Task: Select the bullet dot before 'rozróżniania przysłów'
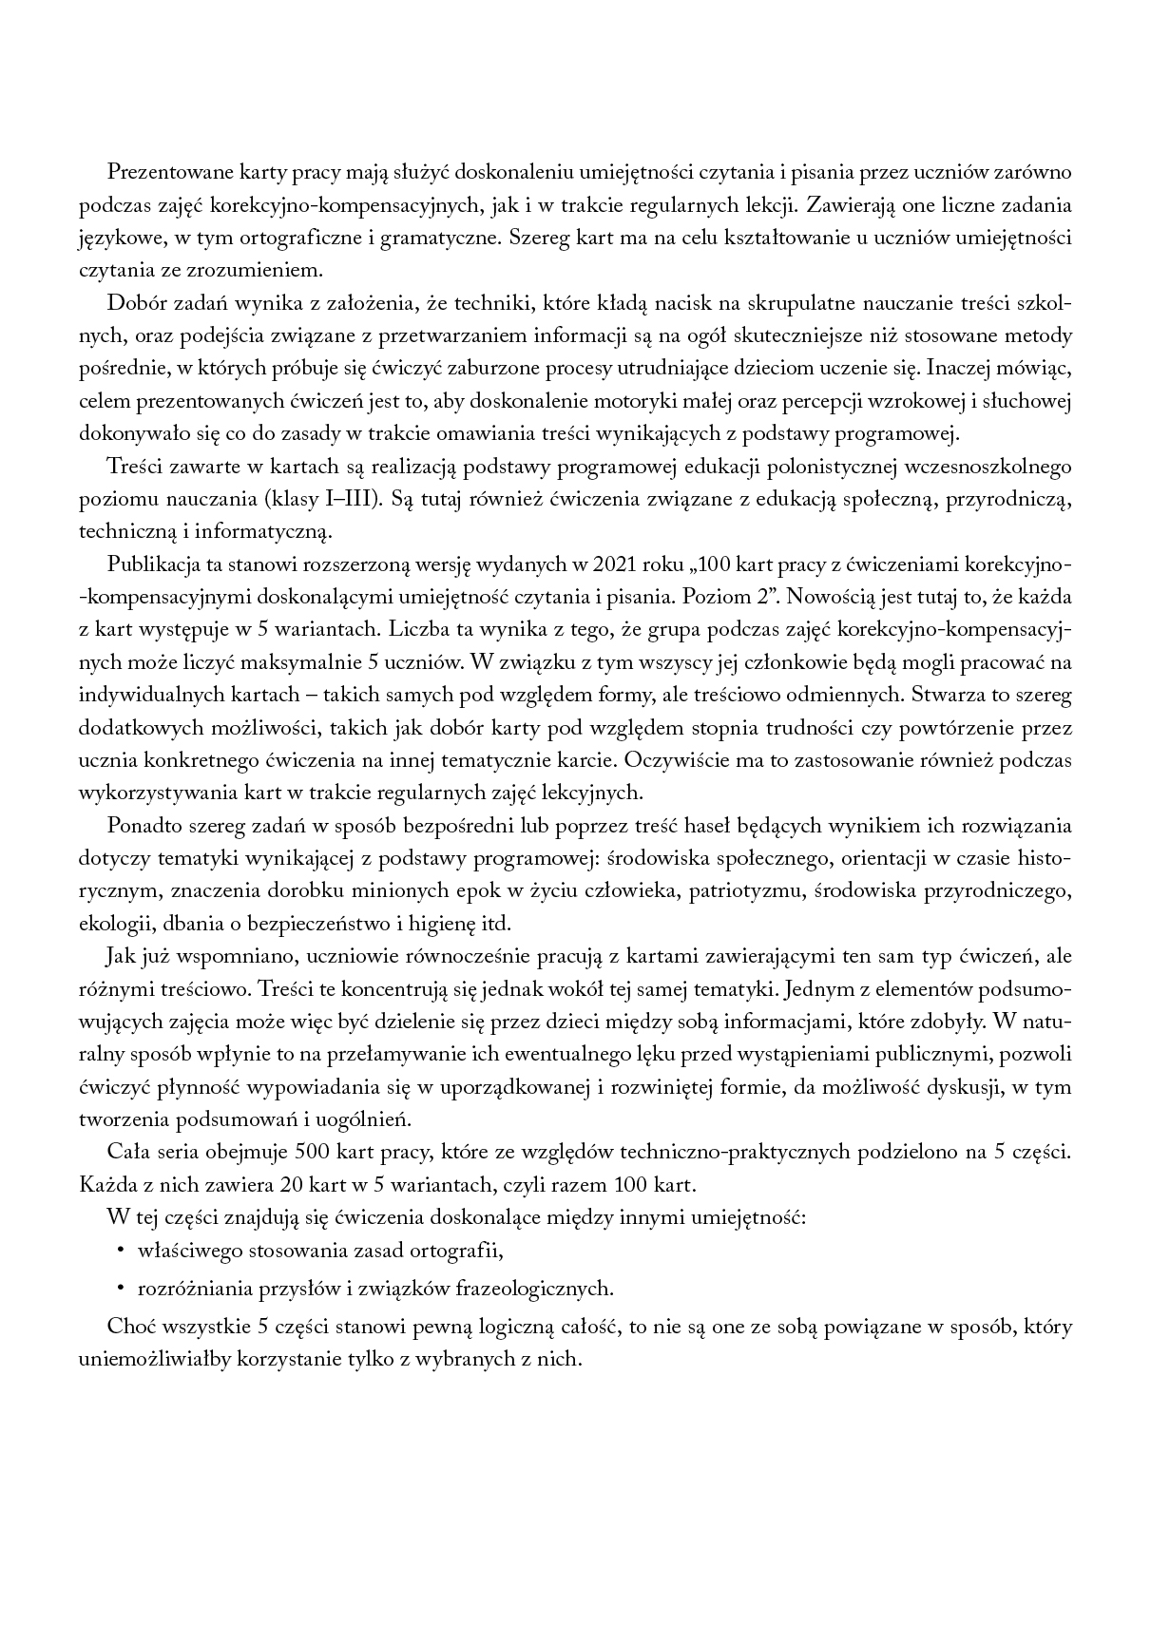120,1289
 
